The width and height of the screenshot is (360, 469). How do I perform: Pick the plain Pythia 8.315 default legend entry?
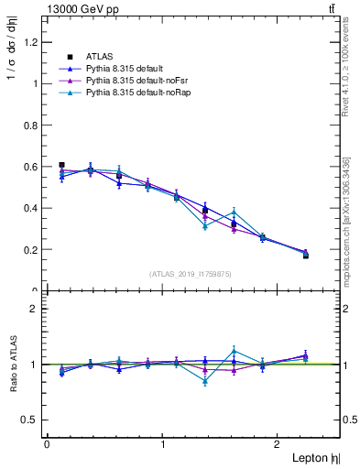pos(124,69)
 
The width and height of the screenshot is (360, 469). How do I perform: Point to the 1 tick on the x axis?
pos(163,444)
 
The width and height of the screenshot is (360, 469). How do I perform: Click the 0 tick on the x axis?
pos(47,444)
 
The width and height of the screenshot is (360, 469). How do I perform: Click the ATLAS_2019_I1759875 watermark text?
pos(191,273)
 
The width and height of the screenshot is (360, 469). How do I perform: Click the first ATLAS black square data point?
pos(61,165)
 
